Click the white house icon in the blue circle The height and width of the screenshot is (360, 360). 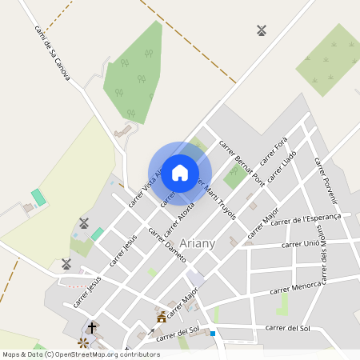tap(180, 172)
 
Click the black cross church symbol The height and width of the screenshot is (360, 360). tap(92, 327)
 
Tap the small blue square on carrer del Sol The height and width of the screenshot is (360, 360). tap(213, 334)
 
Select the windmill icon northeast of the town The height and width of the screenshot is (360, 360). tap(261, 30)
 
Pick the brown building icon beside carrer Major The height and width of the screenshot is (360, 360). tap(162, 317)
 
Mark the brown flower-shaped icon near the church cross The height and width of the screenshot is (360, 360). tap(82, 343)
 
